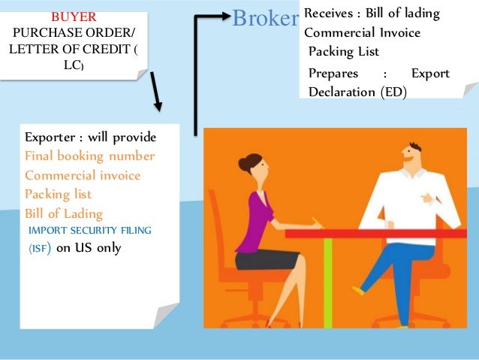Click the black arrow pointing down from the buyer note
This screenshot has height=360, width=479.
pos(157,91)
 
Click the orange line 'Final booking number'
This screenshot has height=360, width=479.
pos(89,156)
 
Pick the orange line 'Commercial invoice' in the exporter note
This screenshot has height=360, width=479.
pos(83,175)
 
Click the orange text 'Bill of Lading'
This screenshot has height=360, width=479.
pos(64,213)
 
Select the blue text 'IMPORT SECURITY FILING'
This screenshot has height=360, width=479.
pos(89,231)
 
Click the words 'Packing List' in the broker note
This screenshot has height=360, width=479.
pos(344,52)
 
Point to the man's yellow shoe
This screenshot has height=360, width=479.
pos(358,289)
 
